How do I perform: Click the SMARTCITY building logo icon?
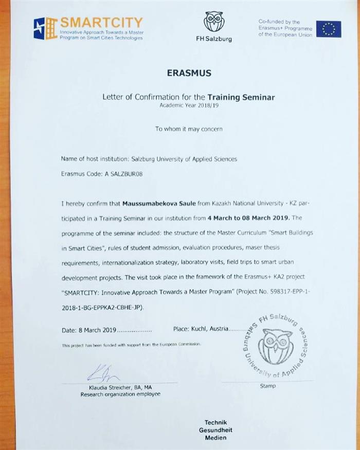coord(45,28)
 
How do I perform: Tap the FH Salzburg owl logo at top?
coord(214,22)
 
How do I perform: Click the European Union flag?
coord(328,29)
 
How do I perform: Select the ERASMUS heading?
coord(189,73)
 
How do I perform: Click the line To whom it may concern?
coord(189,129)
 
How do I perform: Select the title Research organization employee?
coord(120,394)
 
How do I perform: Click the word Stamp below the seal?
coord(268,386)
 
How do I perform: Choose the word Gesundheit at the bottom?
coord(215,429)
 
